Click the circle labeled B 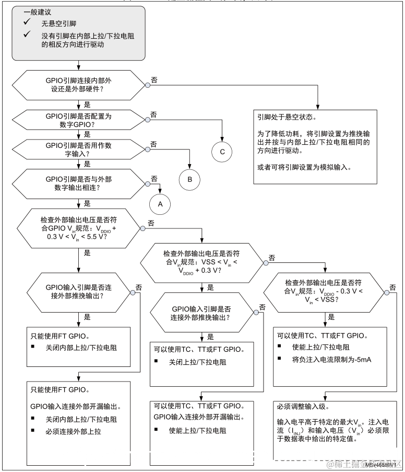click(x=190, y=179)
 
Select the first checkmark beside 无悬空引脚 click(x=27, y=24)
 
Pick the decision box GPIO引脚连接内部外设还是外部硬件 click(x=78, y=85)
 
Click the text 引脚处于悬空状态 click(x=287, y=118)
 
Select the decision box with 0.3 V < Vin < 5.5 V click(x=78, y=229)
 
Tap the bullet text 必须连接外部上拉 click(x=73, y=431)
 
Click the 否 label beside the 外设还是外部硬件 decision click(x=154, y=79)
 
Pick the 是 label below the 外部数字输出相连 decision click(x=87, y=203)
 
